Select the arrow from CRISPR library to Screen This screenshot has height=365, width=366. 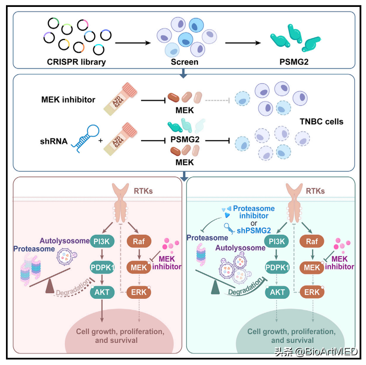133,43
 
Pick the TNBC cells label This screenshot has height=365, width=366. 322,122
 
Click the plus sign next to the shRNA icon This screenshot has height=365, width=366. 100,138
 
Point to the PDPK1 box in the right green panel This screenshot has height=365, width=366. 277,267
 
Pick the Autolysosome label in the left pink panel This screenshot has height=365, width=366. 61,240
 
